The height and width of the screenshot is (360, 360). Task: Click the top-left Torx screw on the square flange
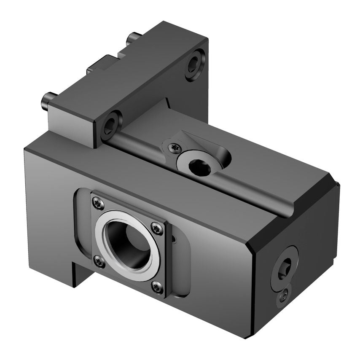click(x=98, y=204)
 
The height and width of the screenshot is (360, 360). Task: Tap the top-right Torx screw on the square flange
click(x=157, y=228)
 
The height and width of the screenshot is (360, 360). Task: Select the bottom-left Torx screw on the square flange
click(x=99, y=262)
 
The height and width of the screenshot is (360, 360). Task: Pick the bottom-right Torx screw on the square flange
click(x=157, y=287)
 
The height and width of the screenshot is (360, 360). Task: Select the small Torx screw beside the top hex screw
click(x=174, y=148)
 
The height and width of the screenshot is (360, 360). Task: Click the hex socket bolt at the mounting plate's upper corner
click(x=194, y=64)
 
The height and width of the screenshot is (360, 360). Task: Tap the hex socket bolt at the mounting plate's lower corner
click(x=111, y=125)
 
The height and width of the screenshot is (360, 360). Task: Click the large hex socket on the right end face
click(x=284, y=268)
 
